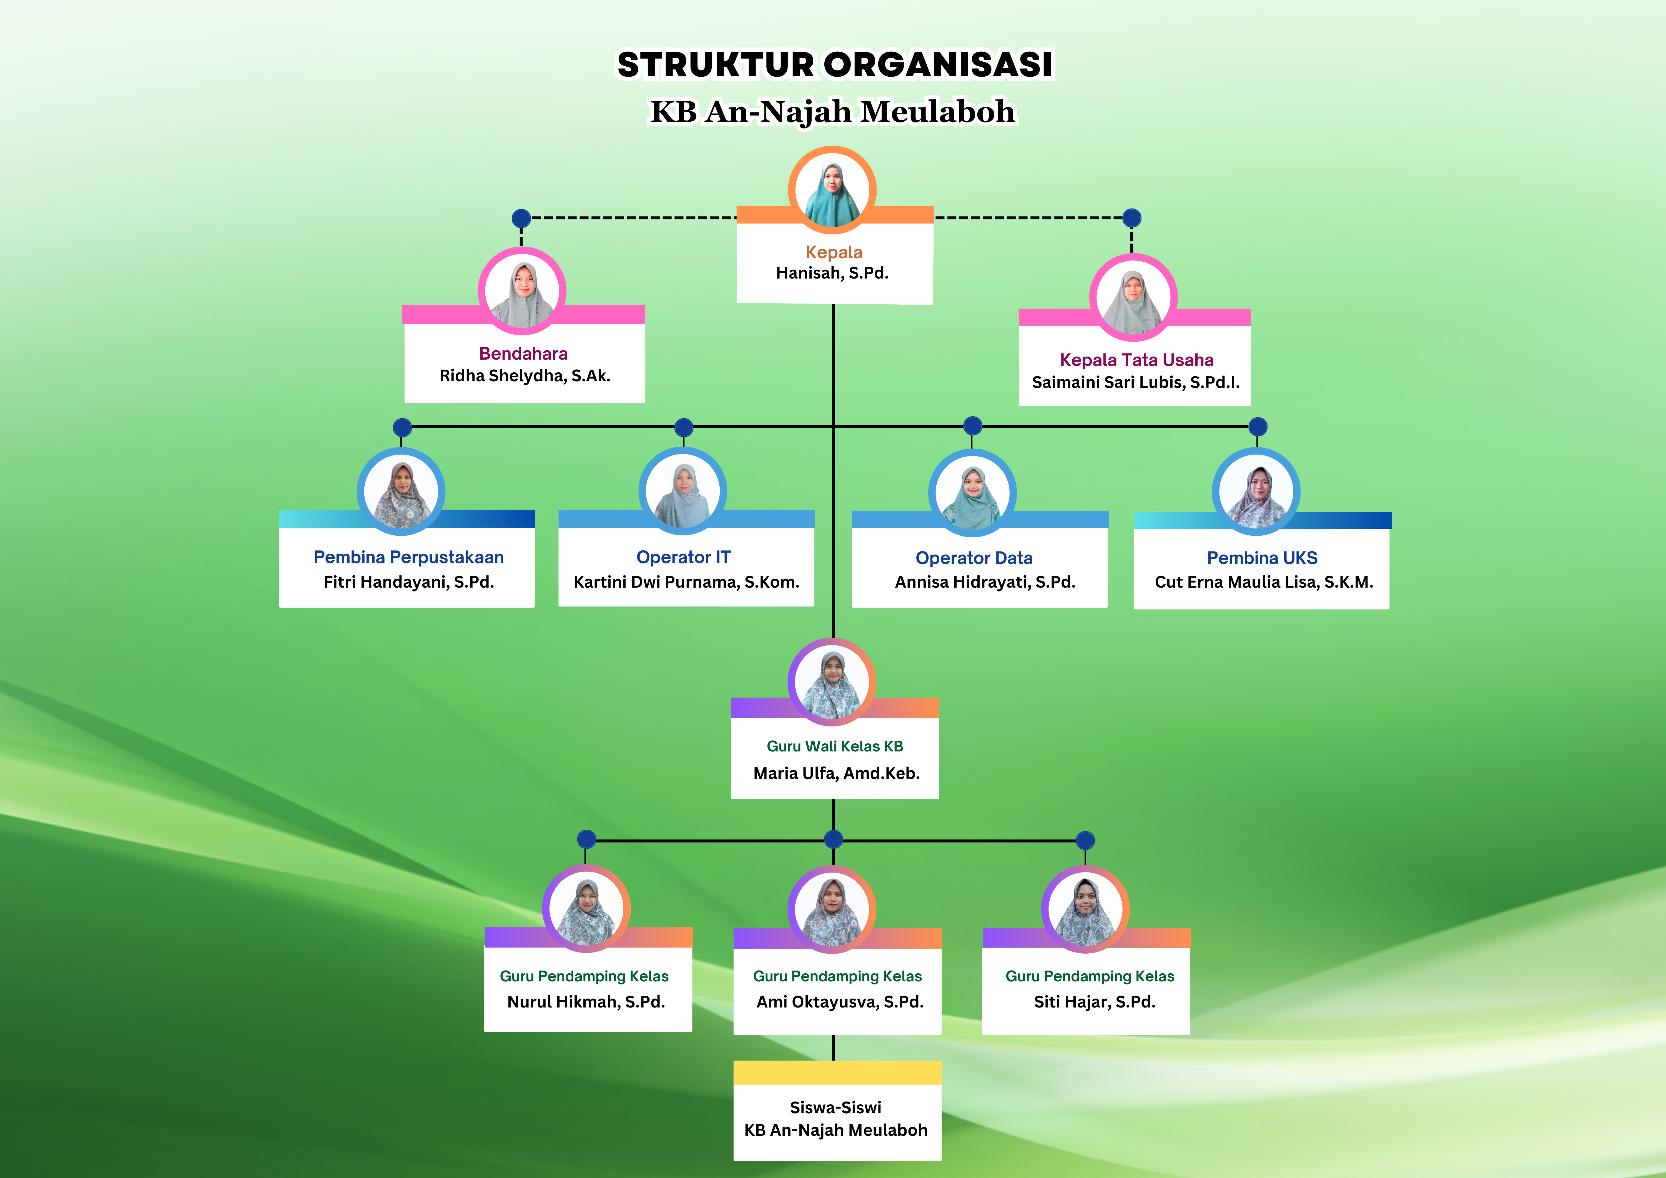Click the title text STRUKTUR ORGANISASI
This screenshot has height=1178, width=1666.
tap(834, 65)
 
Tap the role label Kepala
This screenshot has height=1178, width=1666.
tap(834, 252)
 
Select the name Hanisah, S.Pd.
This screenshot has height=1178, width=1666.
tap(832, 273)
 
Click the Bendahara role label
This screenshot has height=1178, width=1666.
tap(523, 354)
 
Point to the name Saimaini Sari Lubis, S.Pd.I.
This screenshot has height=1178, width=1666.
tap(1136, 382)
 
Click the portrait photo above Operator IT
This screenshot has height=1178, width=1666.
tap(683, 491)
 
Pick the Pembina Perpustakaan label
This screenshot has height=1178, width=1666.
tap(408, 557)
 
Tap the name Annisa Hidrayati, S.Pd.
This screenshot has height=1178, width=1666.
tap(985, 582)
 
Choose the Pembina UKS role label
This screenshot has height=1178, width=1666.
tap(1262, 558)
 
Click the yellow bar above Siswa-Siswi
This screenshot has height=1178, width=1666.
tap(837, 1073)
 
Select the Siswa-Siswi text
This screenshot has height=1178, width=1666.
tap(836, 1107)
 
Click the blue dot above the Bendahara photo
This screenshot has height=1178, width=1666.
tap(521, 218)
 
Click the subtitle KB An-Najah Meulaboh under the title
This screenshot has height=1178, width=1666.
tap(833, 112)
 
